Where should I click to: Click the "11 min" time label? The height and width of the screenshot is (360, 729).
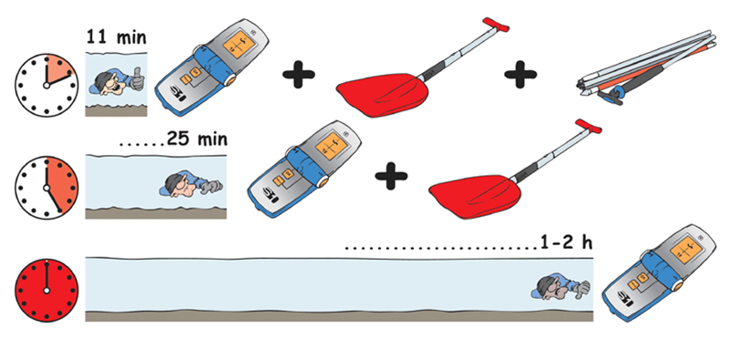117,37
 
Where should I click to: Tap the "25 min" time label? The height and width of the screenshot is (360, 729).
197,139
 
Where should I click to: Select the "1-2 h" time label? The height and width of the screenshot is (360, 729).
566,242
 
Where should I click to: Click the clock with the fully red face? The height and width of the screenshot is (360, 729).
46,290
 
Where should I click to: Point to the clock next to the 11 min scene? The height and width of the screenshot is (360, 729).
46,85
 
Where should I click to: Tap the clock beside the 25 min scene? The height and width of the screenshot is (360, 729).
46,187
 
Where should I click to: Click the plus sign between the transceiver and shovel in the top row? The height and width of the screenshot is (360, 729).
299,74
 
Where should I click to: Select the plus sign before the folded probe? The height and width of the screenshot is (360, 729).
520,74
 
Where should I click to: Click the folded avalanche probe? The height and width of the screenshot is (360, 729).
646,67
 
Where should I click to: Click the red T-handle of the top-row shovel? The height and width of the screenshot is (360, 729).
496,25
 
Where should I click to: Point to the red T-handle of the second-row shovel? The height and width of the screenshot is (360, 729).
588,127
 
